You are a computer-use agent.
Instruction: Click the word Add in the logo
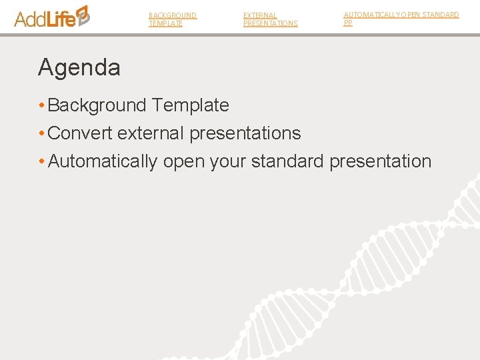click(x=30, y=19)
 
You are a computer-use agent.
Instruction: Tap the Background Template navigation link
click(x=172, y=19)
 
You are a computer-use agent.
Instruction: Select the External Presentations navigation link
click(x=270, y=19)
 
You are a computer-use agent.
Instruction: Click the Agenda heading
click(x=79, y=67)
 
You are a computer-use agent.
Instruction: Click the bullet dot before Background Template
click(x=41, y=105)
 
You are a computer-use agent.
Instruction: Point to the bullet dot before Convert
click(x=41, y=133)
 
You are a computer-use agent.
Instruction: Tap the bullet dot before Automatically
click(x=41, y=161)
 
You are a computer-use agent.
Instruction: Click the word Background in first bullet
click(x=97, y=105)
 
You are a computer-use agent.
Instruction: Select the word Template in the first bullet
click(x=190, y=105)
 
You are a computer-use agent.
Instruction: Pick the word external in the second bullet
click(x=151, y=133)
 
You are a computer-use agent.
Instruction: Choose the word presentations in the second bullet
click(x=245, y=133)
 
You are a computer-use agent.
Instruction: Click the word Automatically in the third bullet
click(x=103, y=161)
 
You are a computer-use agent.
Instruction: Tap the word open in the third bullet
click(x=183, y=162)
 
